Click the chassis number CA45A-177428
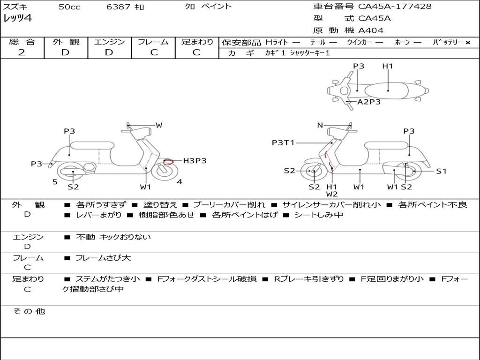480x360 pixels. pyautogui.click(x=395, y=7)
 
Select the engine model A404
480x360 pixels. pyautogui.click(x=371, y=30)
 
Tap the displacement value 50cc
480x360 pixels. pyautogui.click(x=69, y=7)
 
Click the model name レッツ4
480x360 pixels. pyautogui.click(x=17, y=19)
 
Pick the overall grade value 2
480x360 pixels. pyautogui.click(x=22, y=52)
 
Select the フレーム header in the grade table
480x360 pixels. pyautogui.click(x=153, y=42)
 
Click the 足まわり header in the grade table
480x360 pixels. pyautogui.click(x=197, y=42)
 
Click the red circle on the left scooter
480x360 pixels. pyautogui.click(x=168, y=162)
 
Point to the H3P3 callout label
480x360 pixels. pyautogui.click(x=195, y=161)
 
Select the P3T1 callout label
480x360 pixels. pyautogui.click(x=283, y=142)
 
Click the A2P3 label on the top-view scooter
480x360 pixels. pyautogui.click(x=369, y=102)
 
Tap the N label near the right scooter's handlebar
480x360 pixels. pyautogui.click(x=320, y=125)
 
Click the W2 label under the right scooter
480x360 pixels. pyautogui.click(x=332, y=194)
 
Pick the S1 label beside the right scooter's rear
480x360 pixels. pyautogui.click(x=441, y=171)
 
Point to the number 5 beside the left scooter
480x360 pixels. pyautogui.click(x=55, y=182)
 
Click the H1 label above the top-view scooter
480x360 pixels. pyautogui.click(x=388, y=66)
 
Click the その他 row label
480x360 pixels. pyautogui.click(x=29, y=311)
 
